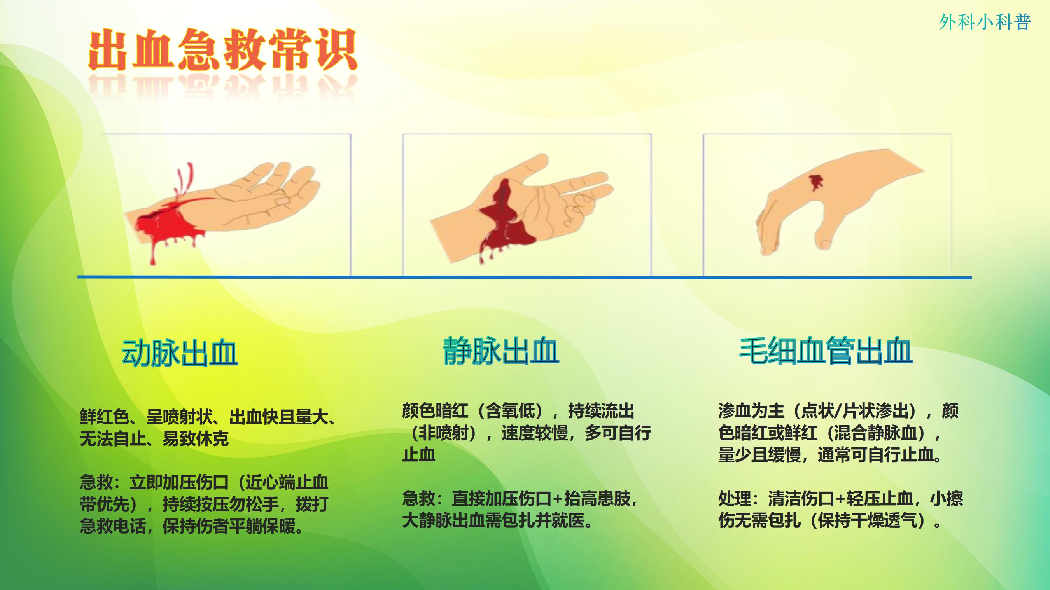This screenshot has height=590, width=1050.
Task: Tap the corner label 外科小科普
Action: tap(984, 22)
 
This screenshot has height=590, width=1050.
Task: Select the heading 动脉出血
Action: tap(180, 353)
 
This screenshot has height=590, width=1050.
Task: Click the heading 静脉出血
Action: tap(501, 350)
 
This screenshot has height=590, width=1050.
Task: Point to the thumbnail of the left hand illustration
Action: tap(226, 205)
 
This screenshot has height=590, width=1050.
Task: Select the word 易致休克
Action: tap(196, 439)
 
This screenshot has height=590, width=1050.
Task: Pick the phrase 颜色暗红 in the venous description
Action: tap(435, 411)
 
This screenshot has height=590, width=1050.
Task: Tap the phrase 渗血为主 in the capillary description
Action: tap(751, 411)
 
